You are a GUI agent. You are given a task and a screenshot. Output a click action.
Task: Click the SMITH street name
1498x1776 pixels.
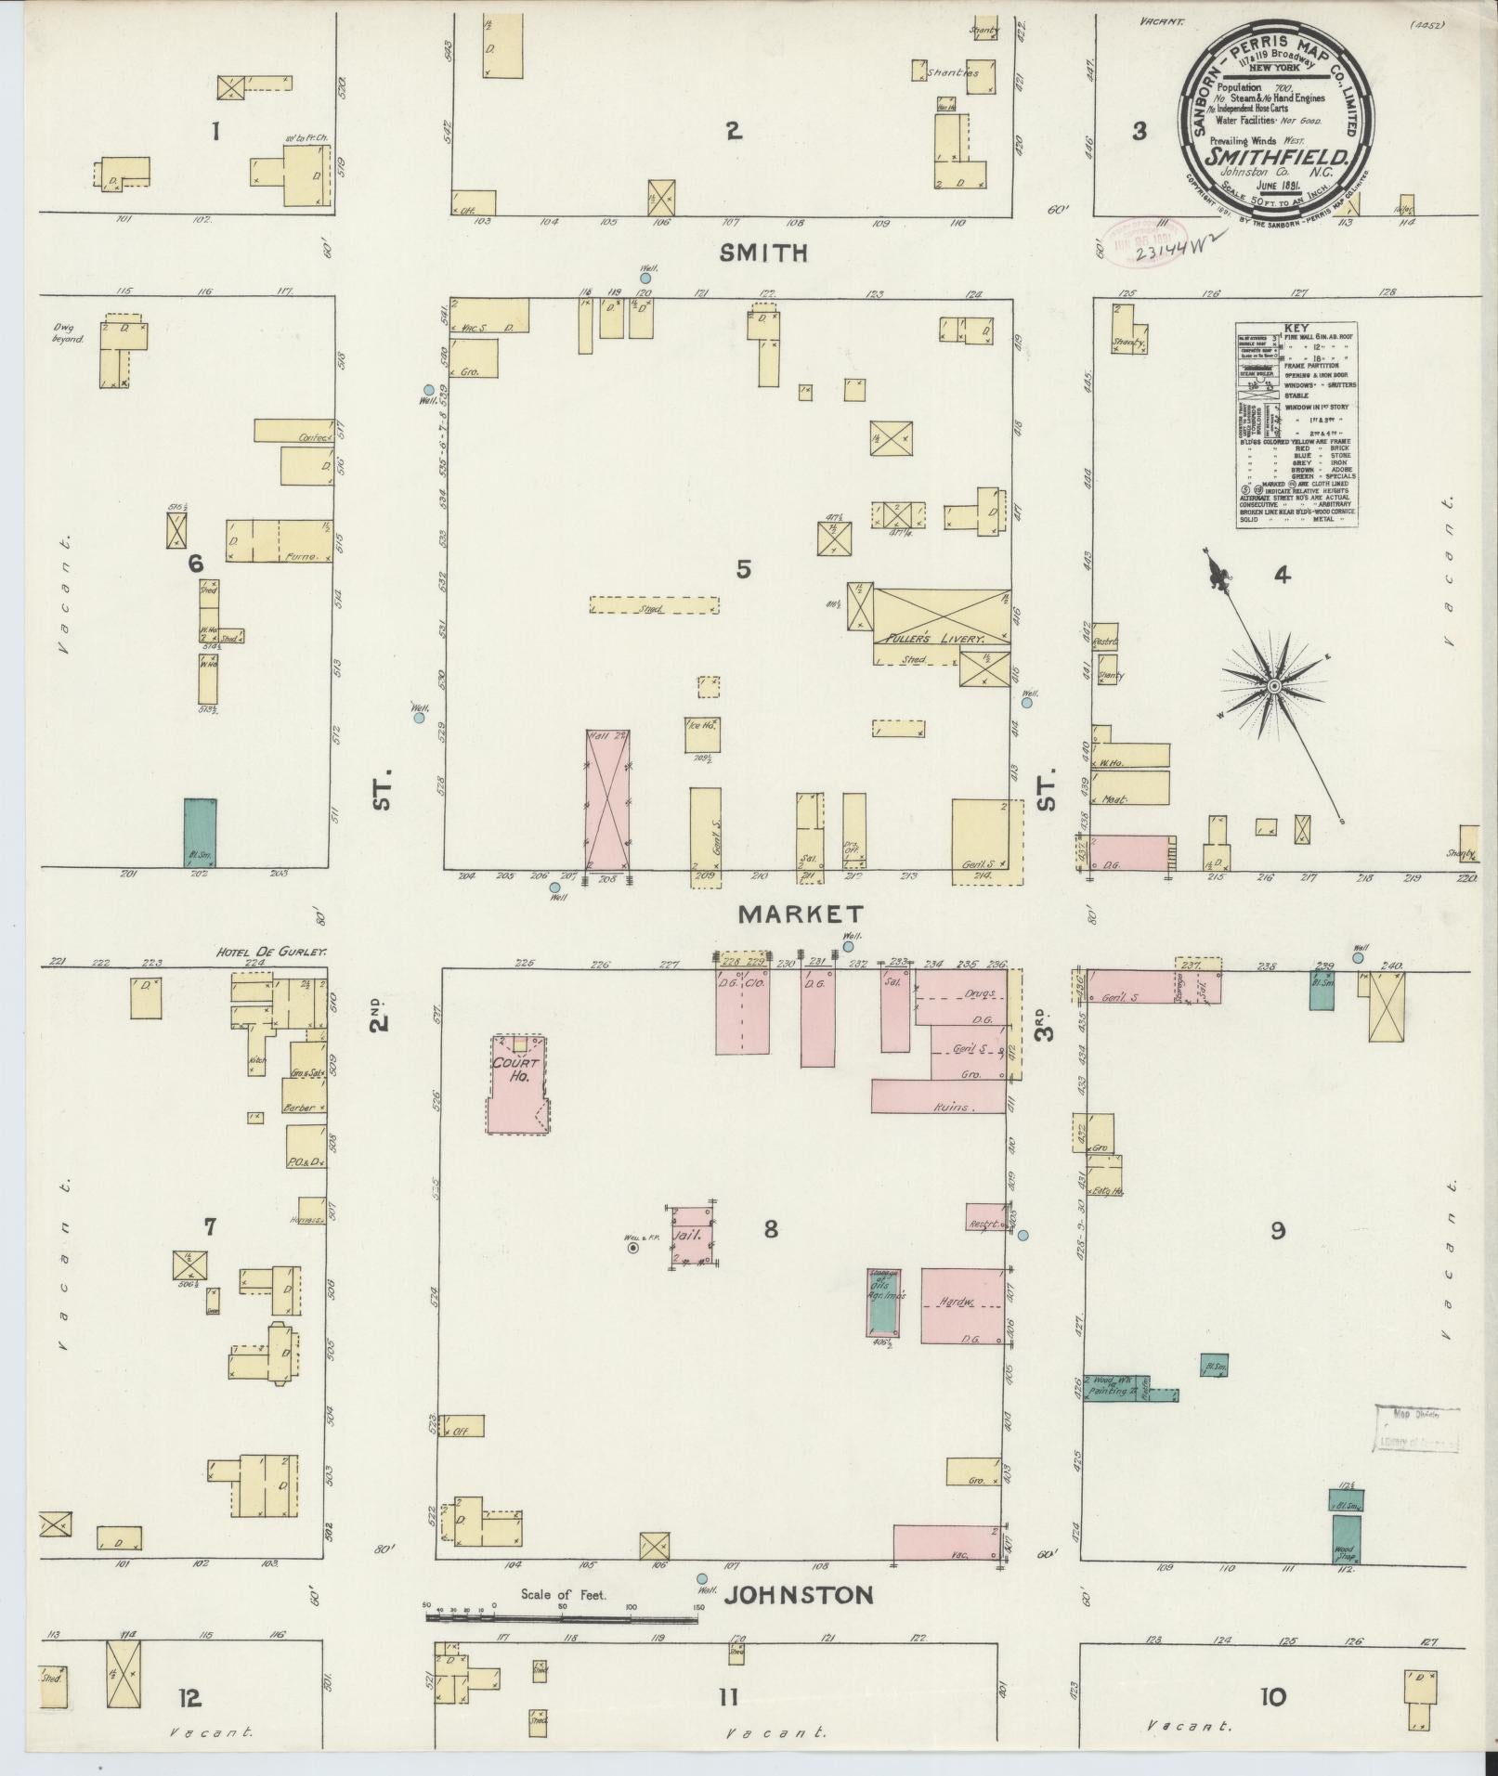(x=762, y=253)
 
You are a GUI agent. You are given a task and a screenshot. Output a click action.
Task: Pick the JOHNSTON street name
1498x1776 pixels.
(x=799, y=1595)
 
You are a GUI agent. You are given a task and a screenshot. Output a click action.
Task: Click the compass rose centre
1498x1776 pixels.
(x=1274, y=686)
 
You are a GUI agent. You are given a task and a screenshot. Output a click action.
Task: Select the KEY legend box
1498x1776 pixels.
(x=1296, y=426)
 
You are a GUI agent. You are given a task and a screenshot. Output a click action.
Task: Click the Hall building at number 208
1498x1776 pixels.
(x=608, y=798)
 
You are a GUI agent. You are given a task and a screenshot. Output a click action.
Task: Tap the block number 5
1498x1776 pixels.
(x=743, y=569)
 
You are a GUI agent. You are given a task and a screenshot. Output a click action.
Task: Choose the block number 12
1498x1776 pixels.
(x=189, y=1697)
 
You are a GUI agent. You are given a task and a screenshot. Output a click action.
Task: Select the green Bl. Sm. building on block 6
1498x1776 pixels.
(x=200, y=832)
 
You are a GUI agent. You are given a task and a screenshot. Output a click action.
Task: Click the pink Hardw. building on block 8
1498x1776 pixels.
(x=963, y=1304)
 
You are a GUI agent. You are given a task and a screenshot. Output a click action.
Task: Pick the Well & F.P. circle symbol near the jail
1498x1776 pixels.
(x=633, y=1249)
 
